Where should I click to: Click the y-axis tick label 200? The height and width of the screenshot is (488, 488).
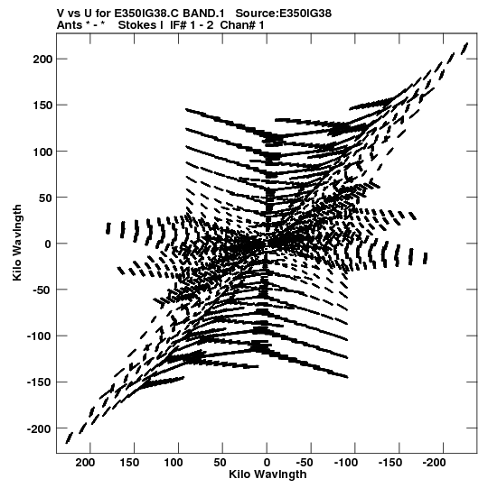(x=42, y=59)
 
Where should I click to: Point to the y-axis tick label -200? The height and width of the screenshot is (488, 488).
(x=39, y=428)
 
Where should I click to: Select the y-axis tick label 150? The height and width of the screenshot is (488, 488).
(x=42, y=106)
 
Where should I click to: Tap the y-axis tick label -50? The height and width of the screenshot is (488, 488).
(x=42, y=290)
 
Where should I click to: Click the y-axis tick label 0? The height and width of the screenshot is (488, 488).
(x=47, y=244)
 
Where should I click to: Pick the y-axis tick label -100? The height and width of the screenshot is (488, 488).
(x=39, y=336)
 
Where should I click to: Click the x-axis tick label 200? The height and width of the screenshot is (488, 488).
(x=85, y=463)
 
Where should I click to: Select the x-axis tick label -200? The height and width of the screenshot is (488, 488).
(x=435, y=463)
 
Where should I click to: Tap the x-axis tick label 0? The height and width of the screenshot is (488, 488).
(x=267, y=463)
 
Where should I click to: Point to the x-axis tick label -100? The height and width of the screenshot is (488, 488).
(x=346, y=463)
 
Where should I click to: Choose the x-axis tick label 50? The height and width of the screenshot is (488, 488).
(x=220, y=463)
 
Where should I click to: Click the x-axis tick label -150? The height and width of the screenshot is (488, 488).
(x=390, y=463)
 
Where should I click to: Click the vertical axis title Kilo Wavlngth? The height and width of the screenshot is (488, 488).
(x=17, y=243)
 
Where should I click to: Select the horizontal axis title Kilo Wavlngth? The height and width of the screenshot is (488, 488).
(x=267, y=474)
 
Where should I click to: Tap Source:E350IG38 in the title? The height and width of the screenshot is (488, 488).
(x=284, y=14)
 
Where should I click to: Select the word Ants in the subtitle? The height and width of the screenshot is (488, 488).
(x=70, y=25)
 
